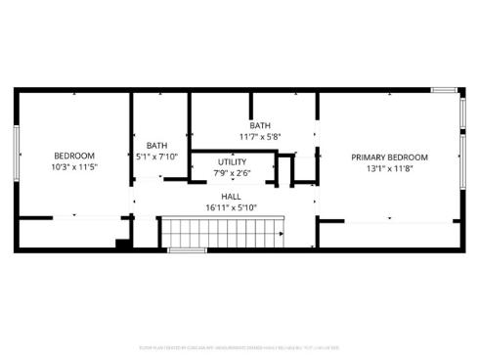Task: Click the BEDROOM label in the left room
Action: click(73, 156)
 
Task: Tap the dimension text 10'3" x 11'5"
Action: click(73, 167)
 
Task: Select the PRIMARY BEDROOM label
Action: click(390, 157)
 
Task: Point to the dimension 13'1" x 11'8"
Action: click(390, 168)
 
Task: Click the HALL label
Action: click(231, 196)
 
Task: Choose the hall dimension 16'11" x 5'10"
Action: click(231, 207)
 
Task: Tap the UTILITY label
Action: click(232, 161)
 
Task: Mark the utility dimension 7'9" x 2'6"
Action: click(232, 173)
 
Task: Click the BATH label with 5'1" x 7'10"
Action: click(156, 146)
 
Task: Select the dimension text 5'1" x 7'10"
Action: click(156, 157)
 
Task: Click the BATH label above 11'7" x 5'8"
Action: click(259, 125)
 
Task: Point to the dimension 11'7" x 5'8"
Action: click(259, 136)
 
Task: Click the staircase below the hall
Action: click(222, 233)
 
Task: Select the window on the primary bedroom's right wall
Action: click(461, 157)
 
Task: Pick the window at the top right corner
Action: click(445, 91)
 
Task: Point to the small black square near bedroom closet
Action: click(123, 244)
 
